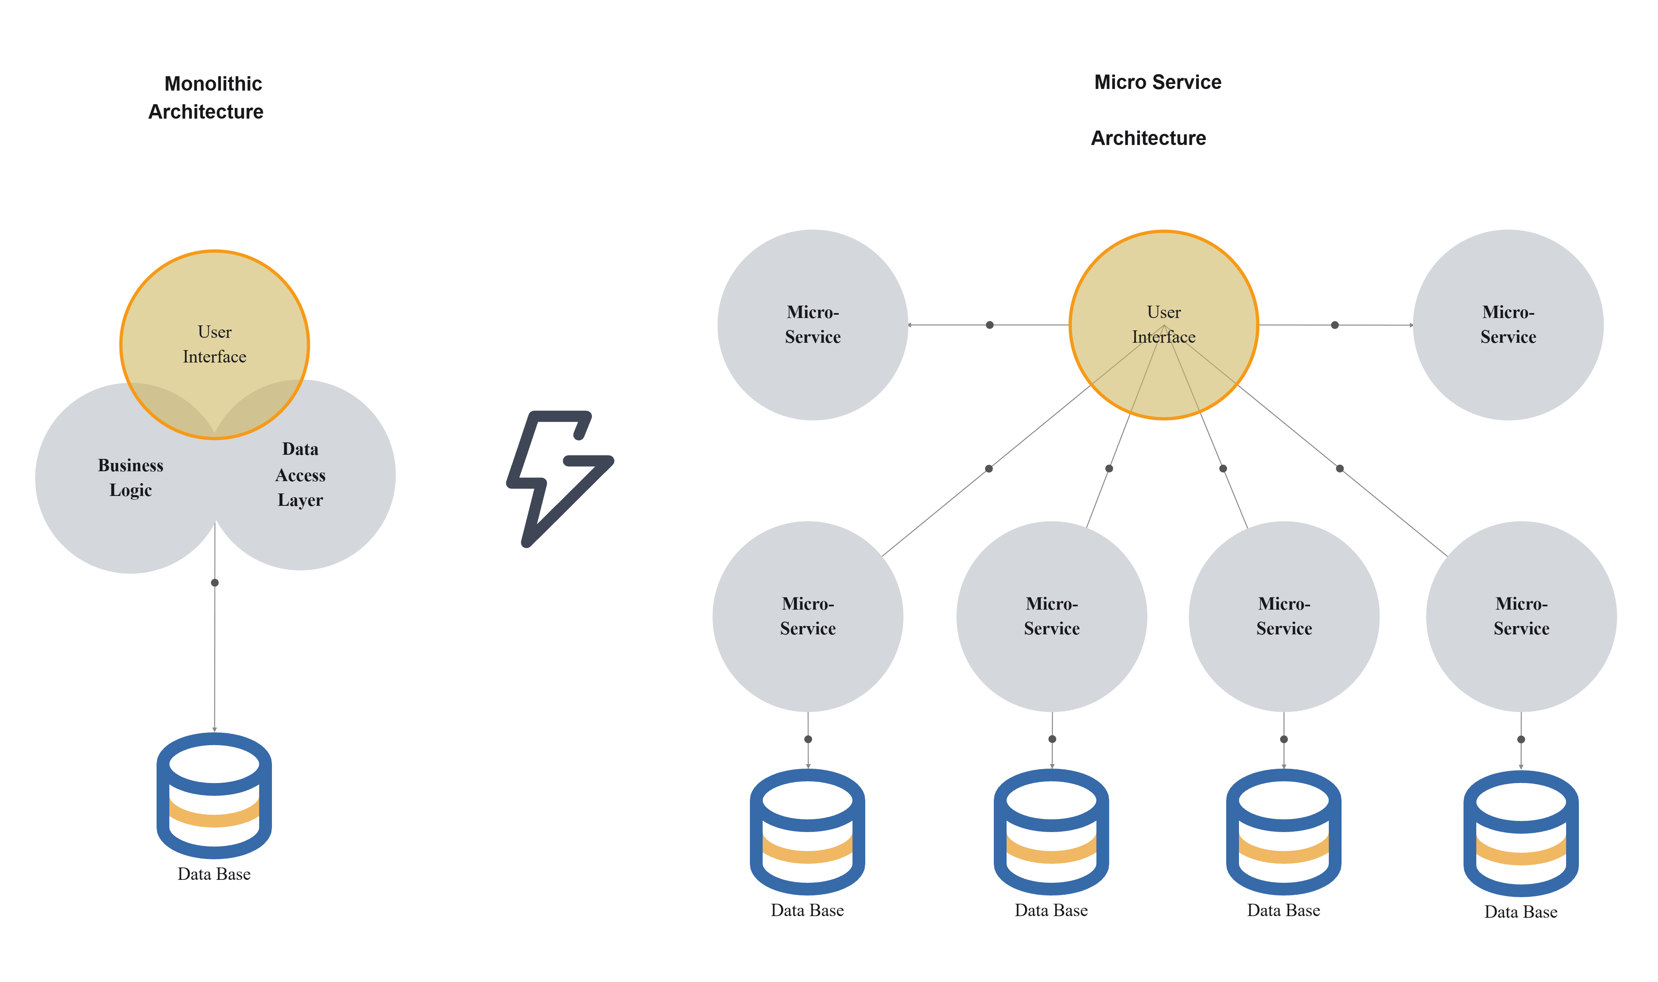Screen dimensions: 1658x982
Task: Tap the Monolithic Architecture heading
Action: click(x=206, y=97)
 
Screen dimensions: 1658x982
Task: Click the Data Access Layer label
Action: click(x=300, y=475)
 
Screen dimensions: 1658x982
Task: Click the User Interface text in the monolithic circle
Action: click(x=214, y=344)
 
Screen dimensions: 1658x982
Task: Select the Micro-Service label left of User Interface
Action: click(x=813, y=324)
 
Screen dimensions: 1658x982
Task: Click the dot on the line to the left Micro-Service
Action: click(x=990, y=325)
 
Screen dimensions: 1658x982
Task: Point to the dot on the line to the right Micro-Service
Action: click(x=1335, y=325)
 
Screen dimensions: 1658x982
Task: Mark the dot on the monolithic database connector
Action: click(x=214, y=583)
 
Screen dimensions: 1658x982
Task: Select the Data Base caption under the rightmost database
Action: click(x=1521, y=912)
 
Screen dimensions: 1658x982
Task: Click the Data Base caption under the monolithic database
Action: click(x=214, y=874)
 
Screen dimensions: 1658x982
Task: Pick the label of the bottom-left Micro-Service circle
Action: click(x=808, y=616)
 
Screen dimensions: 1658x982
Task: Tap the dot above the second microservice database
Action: click(x=1052, y=739)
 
